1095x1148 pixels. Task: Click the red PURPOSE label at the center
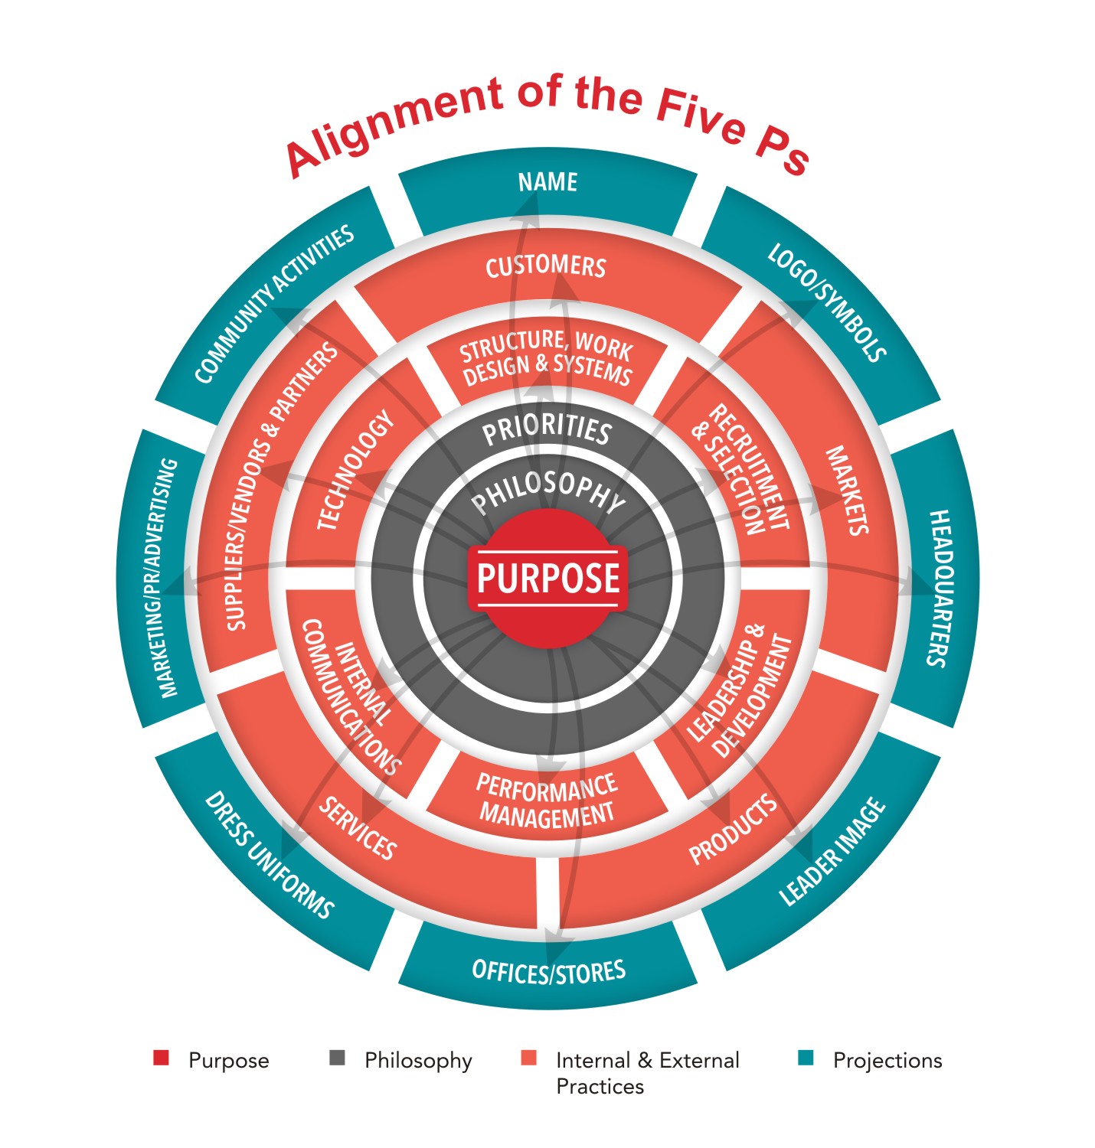(547, 577)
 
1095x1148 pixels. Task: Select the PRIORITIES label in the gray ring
(547, 430)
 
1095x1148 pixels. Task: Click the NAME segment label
(547, 182)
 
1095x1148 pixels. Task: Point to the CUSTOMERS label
(546, 266)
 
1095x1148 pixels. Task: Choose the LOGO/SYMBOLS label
(827, 302)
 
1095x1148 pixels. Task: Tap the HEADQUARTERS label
(940, 588)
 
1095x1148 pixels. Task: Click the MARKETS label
(847, 491)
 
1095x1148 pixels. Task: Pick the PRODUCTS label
(733, 830)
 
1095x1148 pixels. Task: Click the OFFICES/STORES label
(549, 971)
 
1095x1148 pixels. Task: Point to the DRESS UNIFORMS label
(269, 855)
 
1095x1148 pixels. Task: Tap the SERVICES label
(358, 828)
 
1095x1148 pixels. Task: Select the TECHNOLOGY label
(355, 471)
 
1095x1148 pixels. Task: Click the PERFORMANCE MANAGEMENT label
(547, 800)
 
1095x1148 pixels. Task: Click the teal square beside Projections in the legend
(805, 1058)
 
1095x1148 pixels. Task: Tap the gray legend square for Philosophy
(337, 1058)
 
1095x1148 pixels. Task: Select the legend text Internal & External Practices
(647, 1072)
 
